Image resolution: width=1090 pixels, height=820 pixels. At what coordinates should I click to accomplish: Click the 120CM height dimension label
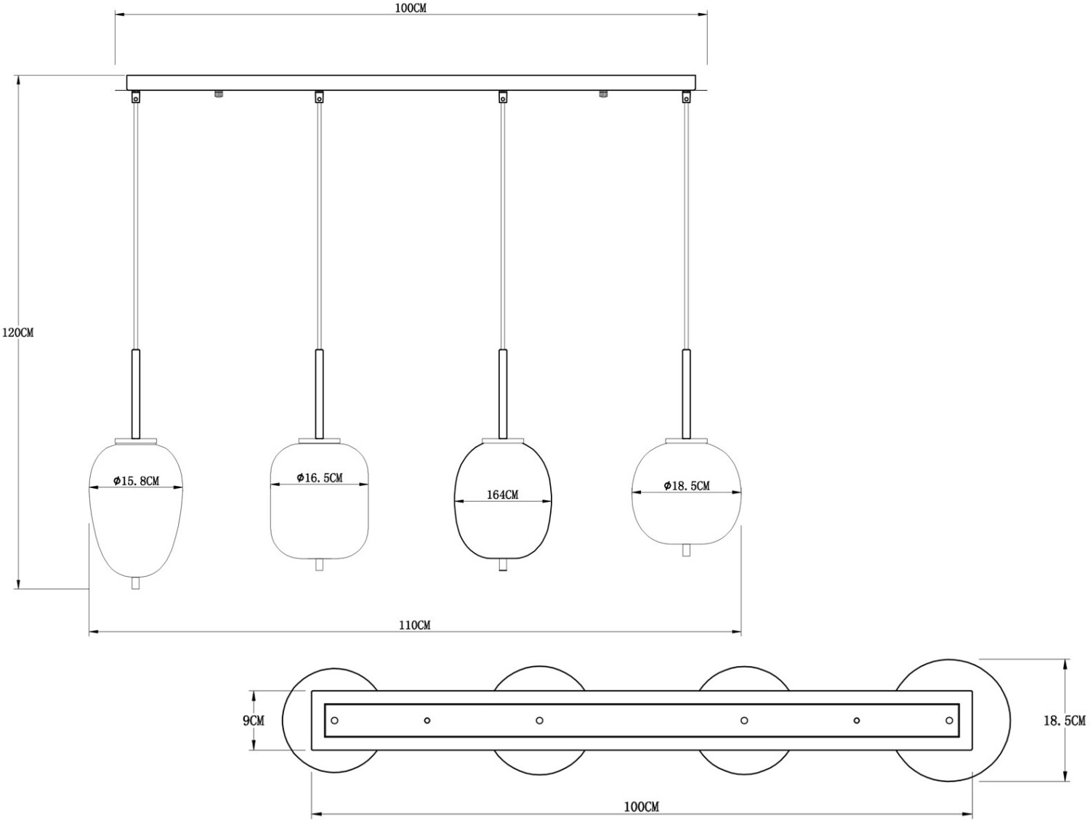pos(18,333)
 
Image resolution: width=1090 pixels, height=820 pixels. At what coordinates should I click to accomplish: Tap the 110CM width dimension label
pos(415,625)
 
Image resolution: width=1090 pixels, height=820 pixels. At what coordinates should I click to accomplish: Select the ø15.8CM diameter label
pos(136,481)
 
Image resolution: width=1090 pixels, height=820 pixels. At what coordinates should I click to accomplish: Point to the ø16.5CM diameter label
pos(320,478)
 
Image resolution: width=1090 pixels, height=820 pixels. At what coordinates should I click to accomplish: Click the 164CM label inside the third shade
pos(502,495)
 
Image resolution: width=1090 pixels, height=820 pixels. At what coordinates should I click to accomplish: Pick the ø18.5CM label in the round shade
pos(687,486)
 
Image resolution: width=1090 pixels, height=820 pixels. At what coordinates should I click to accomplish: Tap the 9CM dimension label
pos(254,720)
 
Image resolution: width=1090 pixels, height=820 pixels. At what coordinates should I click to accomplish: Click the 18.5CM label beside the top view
pos(1064,721)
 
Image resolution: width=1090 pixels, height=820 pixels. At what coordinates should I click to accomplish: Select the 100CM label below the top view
pos(642,807)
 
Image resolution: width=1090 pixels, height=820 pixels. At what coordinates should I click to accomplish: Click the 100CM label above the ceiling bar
pos(411,9)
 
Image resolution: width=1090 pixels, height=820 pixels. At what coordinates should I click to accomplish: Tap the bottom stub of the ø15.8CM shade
pos(135,582)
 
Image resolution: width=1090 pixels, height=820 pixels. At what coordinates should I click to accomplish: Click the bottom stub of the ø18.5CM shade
pos(686,550)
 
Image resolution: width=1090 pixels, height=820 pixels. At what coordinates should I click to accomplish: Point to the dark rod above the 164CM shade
pos(503,394)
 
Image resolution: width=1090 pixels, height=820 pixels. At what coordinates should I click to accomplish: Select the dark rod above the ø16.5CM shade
pos(319,394)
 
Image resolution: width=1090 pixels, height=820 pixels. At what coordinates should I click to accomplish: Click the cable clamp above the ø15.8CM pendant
pos(135,97)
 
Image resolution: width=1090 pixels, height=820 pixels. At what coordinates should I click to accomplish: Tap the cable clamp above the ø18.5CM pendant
pos(686,97)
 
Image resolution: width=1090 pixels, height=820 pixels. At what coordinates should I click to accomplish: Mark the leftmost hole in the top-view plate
pos(334,720)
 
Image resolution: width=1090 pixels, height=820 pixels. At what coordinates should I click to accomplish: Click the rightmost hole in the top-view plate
pos(949,720)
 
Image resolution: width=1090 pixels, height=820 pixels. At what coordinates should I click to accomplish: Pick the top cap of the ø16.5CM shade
pos(319,441)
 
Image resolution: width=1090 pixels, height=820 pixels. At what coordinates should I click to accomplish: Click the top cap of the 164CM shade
pos(503,441)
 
